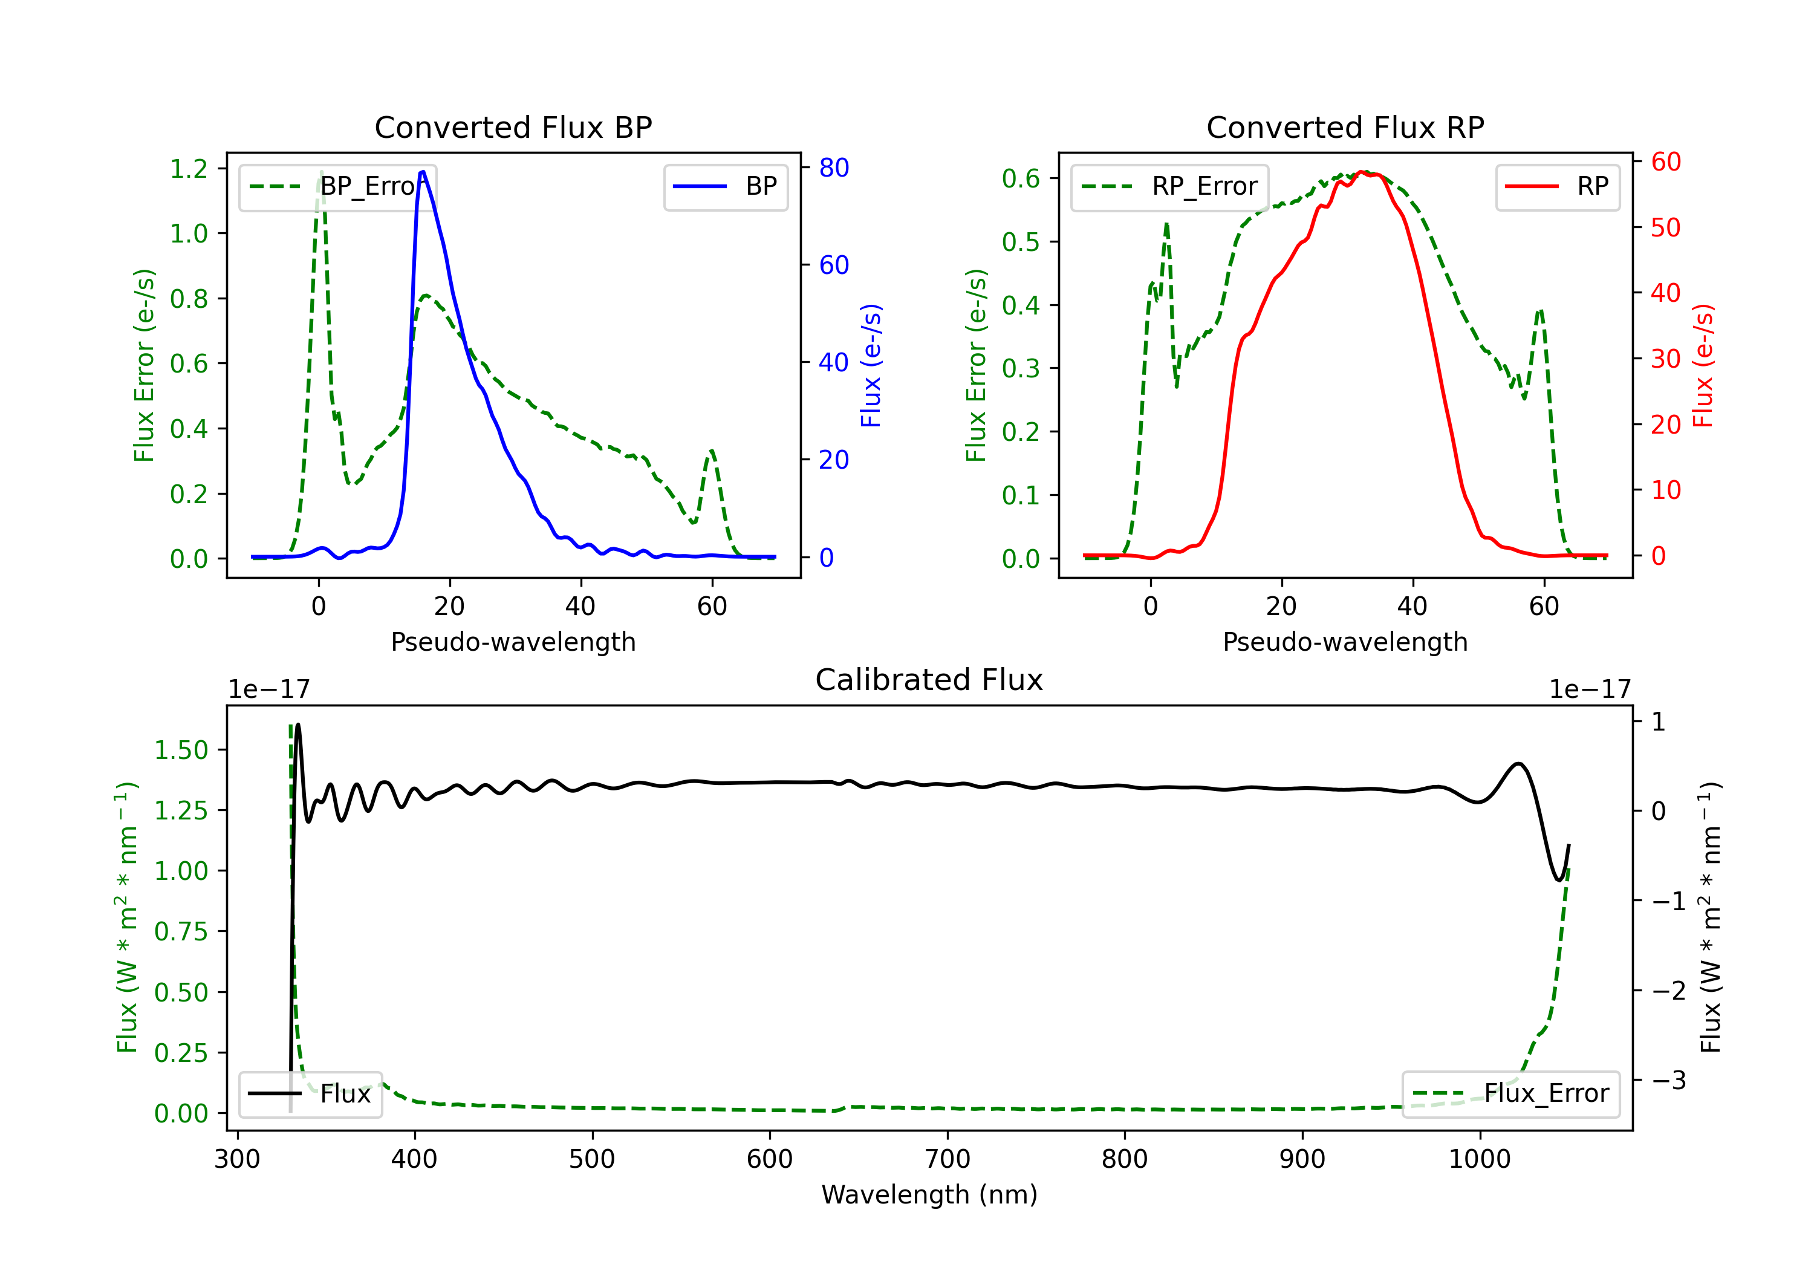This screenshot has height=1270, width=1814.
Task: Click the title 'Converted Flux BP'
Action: click(x=513, y=127)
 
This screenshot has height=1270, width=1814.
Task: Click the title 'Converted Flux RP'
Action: click(x=1345, y=127)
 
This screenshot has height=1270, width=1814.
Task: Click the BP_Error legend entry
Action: click(x=337, y=186)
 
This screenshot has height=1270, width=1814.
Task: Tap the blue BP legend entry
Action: click(x=725, y=186)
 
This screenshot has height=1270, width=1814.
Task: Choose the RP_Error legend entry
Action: click(x=1169, y=186)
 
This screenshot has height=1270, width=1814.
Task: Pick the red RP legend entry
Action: click(x=1557, y=186)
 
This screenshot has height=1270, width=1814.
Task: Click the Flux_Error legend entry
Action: click(x=1510, y=1094)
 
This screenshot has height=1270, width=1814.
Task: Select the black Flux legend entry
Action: click(x=311, y=1094)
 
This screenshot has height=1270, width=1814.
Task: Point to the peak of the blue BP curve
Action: click(x=423, y=172)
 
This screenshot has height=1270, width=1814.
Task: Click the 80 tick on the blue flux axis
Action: click(x=833, y=168)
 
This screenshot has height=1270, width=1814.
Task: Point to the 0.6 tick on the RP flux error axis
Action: click(x=1021, y=178)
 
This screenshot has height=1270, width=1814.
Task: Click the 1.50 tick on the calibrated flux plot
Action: click(x=180, y=750)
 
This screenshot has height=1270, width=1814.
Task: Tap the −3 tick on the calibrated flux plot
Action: click(x=1669, y=1079)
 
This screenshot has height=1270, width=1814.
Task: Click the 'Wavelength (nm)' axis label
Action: click(x=929, y=1194)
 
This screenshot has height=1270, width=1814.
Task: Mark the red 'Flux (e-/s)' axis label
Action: click(x=1703, y=366)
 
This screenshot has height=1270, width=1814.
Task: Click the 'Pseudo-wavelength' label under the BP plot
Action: click(x=513, y=642)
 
